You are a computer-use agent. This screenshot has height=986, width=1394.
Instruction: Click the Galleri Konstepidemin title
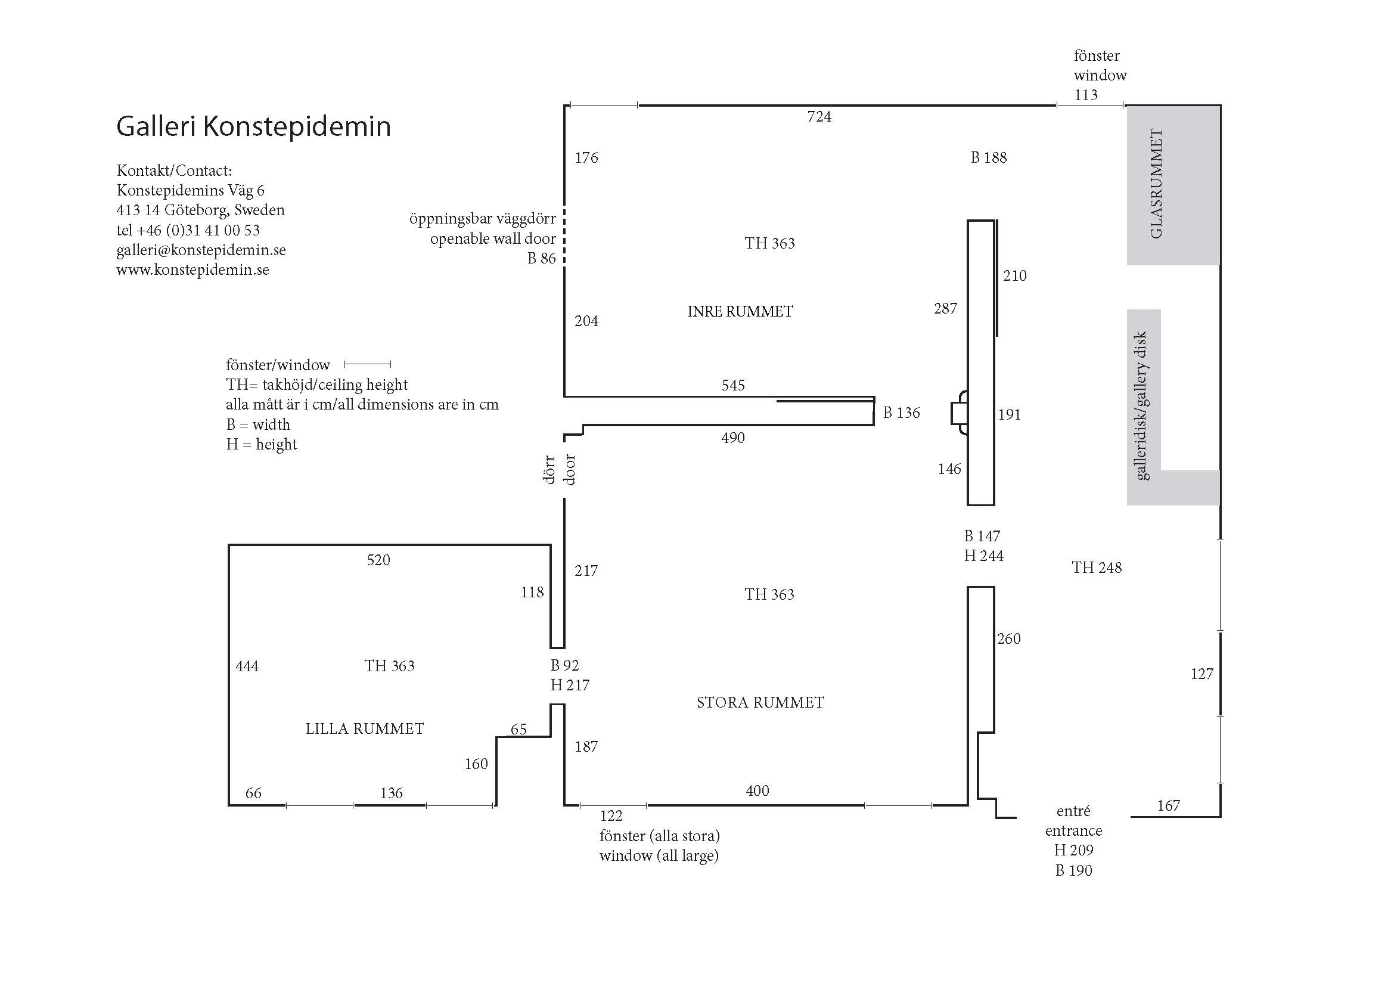tap(253, 126)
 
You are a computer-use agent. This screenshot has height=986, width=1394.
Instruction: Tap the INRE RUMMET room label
tap(740, 311)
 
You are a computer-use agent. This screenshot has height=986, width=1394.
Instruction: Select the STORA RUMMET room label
tap(760, 702)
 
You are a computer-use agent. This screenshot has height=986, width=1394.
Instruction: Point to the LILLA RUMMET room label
tap(365, 728)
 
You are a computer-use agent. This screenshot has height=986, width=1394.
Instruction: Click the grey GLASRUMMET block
tap(1173, 185)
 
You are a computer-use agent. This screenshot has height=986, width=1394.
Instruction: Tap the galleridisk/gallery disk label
tap(1140, 405)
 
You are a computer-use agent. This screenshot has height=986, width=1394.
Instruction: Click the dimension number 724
tap(819, 117)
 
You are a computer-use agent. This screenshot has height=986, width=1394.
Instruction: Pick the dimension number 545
tap(733, 386)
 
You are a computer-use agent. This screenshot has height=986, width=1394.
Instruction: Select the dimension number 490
tap(733, 438)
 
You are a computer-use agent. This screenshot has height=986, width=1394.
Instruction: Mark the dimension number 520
tap(378, 560)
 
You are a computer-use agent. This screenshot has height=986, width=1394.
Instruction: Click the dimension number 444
tap(247, 666)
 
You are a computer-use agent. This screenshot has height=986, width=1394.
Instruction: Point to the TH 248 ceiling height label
tap(1097, 568)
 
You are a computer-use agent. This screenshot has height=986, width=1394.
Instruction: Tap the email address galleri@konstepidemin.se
tap(201, 250)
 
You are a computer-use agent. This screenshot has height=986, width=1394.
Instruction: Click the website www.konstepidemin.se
tap(193, 269)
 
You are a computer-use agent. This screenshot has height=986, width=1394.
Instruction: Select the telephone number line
tap(188, 230)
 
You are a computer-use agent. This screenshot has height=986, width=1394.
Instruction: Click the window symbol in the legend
tap(367, 364)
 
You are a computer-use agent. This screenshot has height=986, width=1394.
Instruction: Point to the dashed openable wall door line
tap(564, 237)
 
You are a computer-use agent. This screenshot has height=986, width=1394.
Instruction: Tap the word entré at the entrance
tap(1073, 811)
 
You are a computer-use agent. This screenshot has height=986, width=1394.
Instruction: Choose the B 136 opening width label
tap(902, 413)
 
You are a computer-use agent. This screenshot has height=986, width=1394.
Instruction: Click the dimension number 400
tap(757, 790)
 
